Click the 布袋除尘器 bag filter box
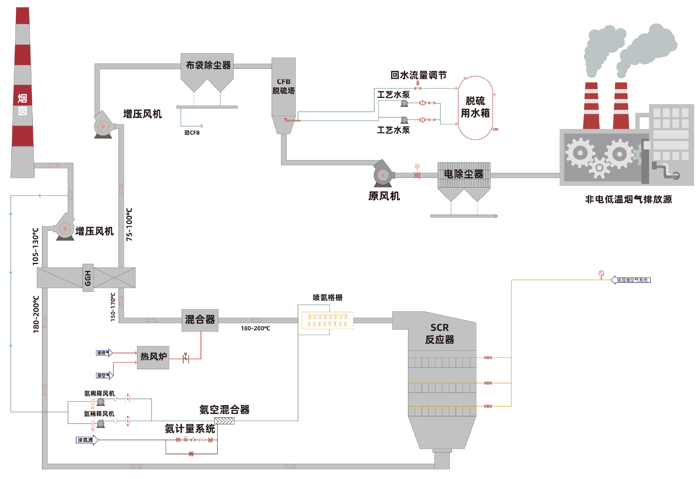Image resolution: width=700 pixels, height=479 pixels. point(207,66)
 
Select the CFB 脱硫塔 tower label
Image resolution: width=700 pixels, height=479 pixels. point(283,86)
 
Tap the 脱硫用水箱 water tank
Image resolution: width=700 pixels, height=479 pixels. point(475,107)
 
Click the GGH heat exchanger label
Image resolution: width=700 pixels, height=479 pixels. point(88,278)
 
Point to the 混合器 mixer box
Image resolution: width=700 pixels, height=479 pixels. point(200,320)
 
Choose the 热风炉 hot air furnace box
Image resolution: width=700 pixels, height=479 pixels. point(153,357)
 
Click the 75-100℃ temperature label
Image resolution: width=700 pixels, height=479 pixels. point(129,224)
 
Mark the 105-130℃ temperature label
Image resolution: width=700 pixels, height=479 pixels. point(36,247)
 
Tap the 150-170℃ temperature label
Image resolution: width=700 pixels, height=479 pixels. point(113,307)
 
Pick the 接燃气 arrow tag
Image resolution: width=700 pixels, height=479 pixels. point(104,353)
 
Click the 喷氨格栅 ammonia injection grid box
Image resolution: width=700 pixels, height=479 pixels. point(327,320)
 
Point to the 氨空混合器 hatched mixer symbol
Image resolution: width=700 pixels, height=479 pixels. point(224,421)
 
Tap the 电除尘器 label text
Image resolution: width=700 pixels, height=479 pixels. point(464,174)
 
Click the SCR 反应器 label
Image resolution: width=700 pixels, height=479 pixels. point(439,334)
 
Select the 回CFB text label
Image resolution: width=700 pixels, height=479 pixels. point(192,133)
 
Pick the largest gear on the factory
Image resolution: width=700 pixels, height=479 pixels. point(580,153)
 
